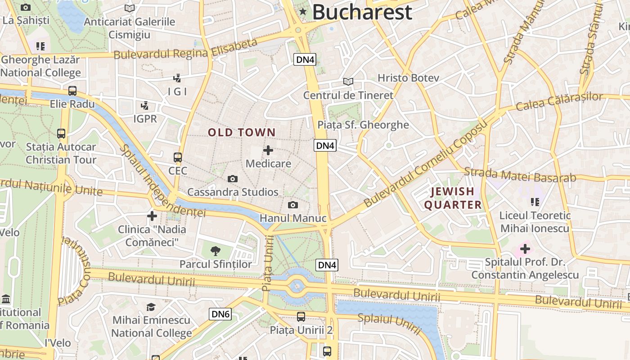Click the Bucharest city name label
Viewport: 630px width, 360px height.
click(x=362, y=12)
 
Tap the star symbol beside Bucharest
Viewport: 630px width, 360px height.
click(x=303, y=12)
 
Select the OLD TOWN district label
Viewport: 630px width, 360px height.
click(x=241, y=132)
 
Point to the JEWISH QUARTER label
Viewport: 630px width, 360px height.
click(x=453, y=198)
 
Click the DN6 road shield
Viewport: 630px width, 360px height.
click(x=220, y=314)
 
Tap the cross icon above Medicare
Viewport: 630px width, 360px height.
click(x=268, y=150)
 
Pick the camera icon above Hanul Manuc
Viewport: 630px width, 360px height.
click(x=293, y=205)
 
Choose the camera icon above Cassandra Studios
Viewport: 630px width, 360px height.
click(x=233, y=179)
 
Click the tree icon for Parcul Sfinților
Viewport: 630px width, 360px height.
click(x=216, y=251)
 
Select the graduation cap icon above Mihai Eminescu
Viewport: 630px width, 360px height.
click(x=151, y=307)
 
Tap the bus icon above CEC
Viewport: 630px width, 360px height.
click(x=178, y=157)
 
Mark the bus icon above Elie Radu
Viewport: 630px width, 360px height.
click(x=72, y=91)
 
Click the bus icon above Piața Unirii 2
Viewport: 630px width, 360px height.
click(x=301, y=317)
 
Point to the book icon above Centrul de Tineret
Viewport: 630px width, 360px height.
click(x=348, y=82)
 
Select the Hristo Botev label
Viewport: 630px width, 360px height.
click(x=408, y=78)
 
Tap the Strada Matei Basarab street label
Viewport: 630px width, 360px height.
click(x=520, y=175)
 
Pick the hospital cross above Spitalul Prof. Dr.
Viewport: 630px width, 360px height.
click(x=525, y=248)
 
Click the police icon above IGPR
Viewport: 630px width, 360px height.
click(x=145, y=106)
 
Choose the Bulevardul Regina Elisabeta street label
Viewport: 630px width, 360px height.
click(x=185, y=50)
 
